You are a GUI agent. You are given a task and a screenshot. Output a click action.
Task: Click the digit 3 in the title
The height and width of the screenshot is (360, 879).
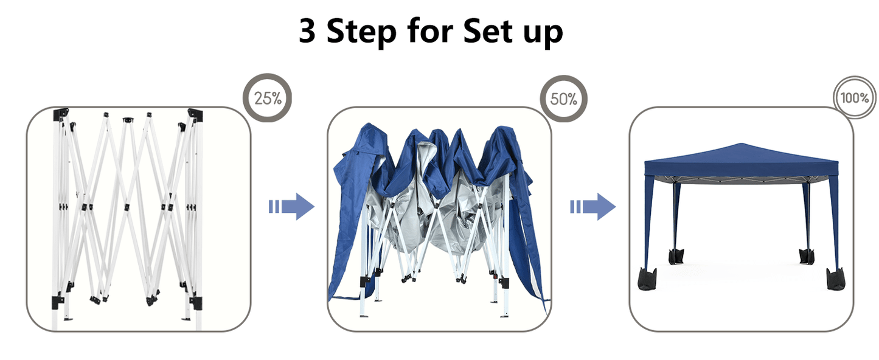(x=307, y=31)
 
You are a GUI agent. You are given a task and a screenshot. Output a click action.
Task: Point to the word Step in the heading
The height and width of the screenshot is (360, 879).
(x=361, y=32)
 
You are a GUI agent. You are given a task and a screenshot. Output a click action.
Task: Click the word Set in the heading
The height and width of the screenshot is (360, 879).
(x=488, y=31)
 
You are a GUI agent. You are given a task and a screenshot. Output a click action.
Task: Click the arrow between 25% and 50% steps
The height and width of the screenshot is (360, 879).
(x=291, y=207)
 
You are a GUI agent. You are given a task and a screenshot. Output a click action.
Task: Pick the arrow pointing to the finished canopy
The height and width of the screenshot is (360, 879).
(x=593, y=207)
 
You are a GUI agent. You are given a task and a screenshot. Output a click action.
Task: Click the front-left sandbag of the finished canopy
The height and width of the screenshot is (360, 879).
(x=647, y=280)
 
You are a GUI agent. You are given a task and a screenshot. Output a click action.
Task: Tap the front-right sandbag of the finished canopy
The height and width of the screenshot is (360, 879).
(x=836, y=280)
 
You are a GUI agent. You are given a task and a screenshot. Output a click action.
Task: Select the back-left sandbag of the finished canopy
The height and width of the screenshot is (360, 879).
(x=676, y=256)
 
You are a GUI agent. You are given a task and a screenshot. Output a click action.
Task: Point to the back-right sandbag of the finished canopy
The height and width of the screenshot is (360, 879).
(x=807, y=256)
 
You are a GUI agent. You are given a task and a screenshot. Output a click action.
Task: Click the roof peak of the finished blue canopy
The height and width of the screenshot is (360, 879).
(x=741, y=144)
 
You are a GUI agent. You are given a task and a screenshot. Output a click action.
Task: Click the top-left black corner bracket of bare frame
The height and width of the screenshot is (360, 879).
(x=60, y=114)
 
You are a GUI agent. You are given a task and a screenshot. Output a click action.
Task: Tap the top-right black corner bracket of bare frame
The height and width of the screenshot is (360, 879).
(x=195, y=114)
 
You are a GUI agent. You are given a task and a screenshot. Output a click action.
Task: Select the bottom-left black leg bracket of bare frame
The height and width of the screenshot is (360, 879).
(x=58, y=303)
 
